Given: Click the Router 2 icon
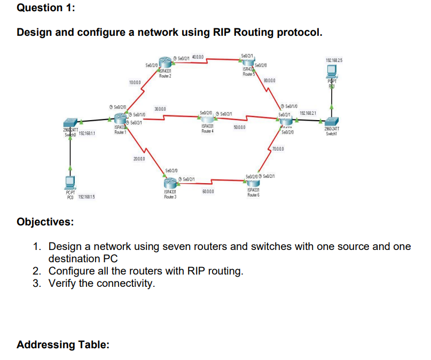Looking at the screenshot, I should (167, 62).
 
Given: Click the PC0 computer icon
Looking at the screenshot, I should (70, 183).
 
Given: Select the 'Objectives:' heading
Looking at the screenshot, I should (45, 222).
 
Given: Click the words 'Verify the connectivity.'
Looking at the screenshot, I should (101, 283).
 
